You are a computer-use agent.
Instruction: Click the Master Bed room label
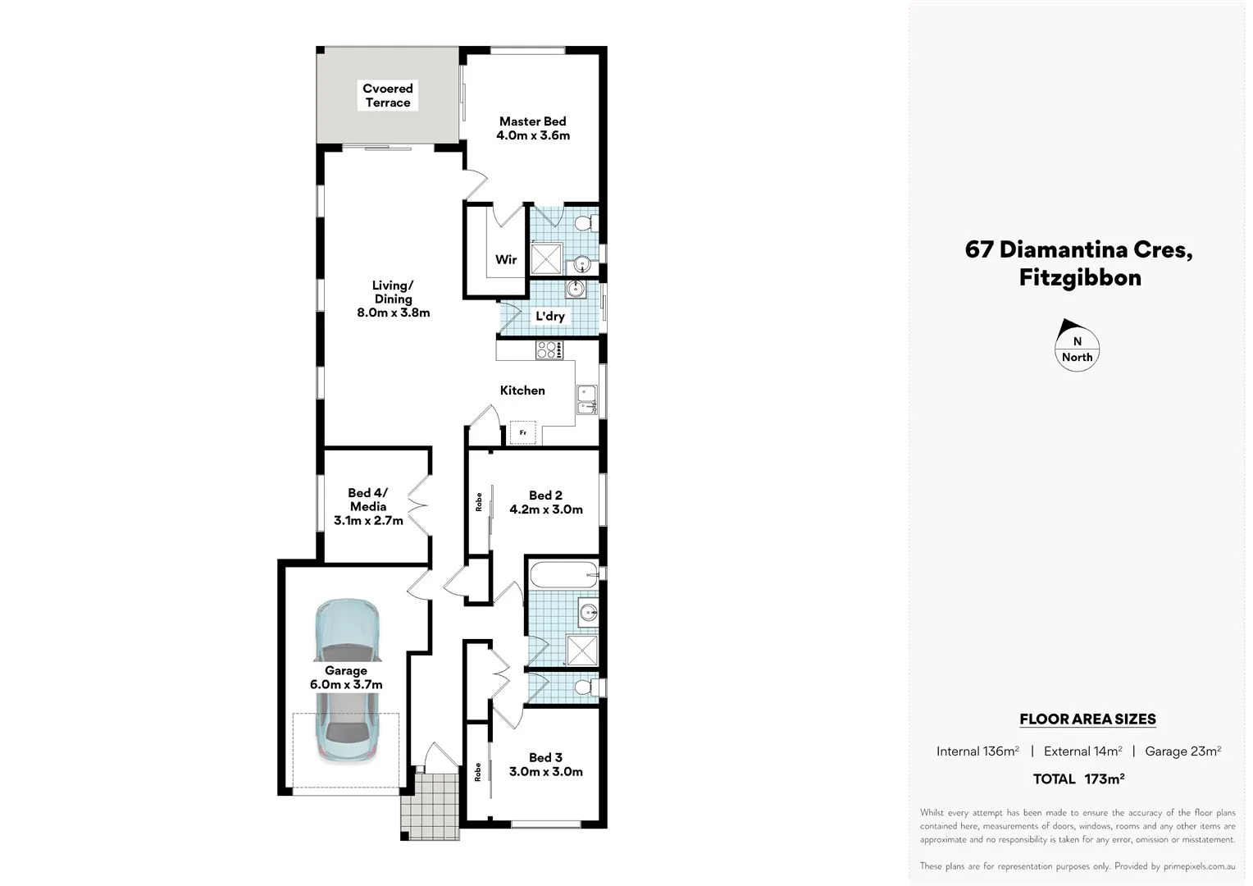[x=532, y=121]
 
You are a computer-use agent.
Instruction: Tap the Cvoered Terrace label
[x=388, y=95]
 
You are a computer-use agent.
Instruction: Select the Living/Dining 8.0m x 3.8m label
[x=393, y=299]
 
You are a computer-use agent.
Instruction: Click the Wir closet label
[x=506, y=259]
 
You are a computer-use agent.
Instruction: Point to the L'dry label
[x=549, y=316]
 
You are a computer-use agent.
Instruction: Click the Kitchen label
[x=522, y=390]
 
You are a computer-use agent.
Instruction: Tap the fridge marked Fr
[x=522, y=432]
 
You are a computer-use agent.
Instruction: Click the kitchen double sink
[x=586, y=400]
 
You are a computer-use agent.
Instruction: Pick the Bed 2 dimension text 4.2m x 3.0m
[x=545, y=509]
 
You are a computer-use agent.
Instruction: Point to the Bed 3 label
[x=545, y=757]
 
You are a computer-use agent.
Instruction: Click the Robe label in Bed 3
[x=478, y=772]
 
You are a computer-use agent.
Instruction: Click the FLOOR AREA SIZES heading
[x=1087, y=719]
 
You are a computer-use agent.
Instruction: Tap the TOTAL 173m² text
[x=1078, y=779]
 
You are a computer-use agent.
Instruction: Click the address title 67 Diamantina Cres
[x=1078, y=249]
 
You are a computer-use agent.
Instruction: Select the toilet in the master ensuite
[x=585, y=223]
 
